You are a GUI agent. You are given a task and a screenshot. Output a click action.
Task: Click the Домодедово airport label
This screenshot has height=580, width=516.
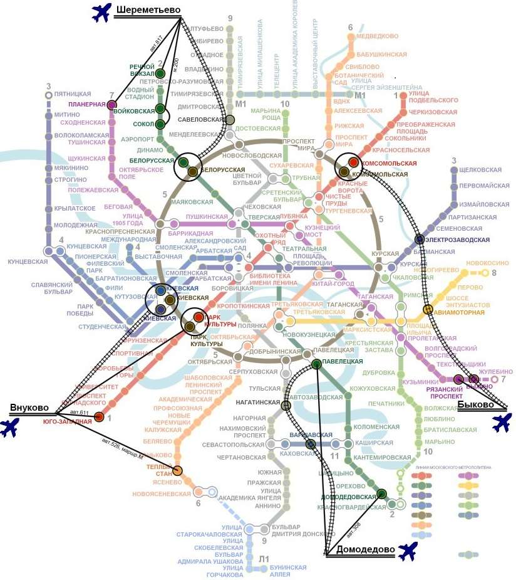[x=365, y=550]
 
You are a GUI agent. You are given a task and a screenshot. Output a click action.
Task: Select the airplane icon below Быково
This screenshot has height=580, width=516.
[x=502, y=423]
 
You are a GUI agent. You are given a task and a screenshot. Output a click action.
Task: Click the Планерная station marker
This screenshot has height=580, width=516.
[x=112, y=104]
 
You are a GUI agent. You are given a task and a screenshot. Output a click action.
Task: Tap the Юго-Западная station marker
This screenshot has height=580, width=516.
[x=98, y=417]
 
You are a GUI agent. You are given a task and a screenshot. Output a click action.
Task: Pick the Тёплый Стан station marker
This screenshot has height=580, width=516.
[x=178, y=471]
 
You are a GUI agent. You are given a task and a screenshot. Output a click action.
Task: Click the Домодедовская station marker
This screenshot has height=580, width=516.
[x=381, y=494]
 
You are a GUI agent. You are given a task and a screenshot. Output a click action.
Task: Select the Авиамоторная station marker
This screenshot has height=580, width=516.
[x=428, y=309]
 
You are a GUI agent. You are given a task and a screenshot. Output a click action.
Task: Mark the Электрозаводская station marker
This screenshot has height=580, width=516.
[x=420, y=239]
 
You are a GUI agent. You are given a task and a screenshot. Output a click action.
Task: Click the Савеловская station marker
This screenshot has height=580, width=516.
[x=230, y=120]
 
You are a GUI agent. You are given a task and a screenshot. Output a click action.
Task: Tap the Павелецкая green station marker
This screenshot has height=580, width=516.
[x=316, y=364]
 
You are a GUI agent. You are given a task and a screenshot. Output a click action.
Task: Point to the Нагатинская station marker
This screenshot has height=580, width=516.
[x=286, y=406]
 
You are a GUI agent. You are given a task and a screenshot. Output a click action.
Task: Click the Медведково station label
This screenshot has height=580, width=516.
[x=378, y=36]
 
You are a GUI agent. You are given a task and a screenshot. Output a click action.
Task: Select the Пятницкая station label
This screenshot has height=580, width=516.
[x=68, y=94]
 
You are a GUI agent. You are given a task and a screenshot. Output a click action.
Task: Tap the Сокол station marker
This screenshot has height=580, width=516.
[x=161, y=124]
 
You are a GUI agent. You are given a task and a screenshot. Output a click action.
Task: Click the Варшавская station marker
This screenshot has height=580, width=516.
[x=310, y=445]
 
